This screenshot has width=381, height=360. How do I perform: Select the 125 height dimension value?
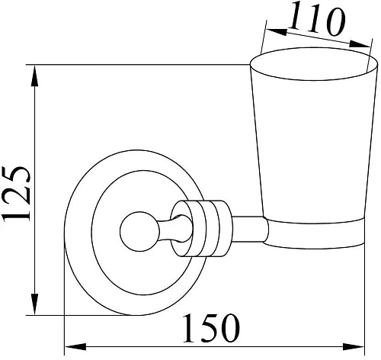click(x=16, y=194)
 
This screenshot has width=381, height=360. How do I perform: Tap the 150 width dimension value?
click(x=211, y=328)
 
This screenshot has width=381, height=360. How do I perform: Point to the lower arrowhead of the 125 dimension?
click(x=34, y=304)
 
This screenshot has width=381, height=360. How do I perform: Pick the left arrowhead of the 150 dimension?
click(x=75, y=346)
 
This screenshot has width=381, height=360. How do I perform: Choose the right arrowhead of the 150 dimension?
click(x=354, y=346)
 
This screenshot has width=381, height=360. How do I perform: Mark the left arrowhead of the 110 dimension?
click(x=277, y=32)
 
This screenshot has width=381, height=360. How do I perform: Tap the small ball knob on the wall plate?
click(x=139, y=231)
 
